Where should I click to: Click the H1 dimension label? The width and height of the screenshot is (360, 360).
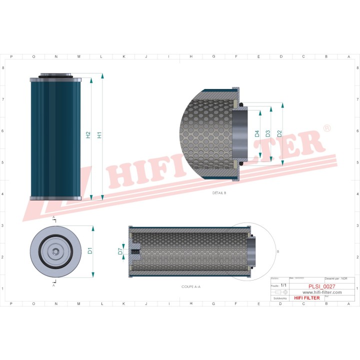tap(99, 135)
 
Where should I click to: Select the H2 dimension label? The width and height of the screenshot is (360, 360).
tap(88, 135)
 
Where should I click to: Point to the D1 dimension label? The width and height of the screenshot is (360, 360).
tap(90, 250)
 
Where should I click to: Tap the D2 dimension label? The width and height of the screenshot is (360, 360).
tap(279, 133)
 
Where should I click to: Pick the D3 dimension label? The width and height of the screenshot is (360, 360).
tap(268, 133)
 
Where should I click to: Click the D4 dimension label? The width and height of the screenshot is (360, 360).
tap(257, 133)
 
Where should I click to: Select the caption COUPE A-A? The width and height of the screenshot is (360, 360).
tap(190, 287)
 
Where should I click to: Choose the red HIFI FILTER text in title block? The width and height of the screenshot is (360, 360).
tap(306, 298)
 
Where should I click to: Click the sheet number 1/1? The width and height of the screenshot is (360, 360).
tap(284, 284)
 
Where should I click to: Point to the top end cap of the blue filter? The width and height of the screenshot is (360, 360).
tap(55, 79)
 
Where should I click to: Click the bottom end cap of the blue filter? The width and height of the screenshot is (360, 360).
tap(55, 198)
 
